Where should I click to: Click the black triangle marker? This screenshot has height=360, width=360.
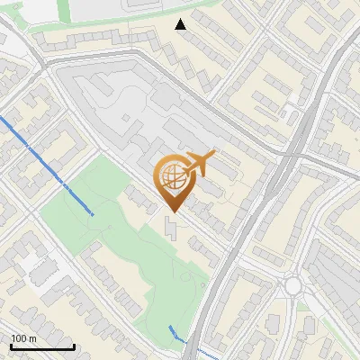(x=181, y=24)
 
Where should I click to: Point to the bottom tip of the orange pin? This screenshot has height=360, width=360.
(x=171, y=211)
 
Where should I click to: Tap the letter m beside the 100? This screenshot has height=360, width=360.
(x=33, y=338)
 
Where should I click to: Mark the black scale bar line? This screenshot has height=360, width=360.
(x=42, y=347)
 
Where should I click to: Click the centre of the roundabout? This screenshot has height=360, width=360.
(x=293, y=287)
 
